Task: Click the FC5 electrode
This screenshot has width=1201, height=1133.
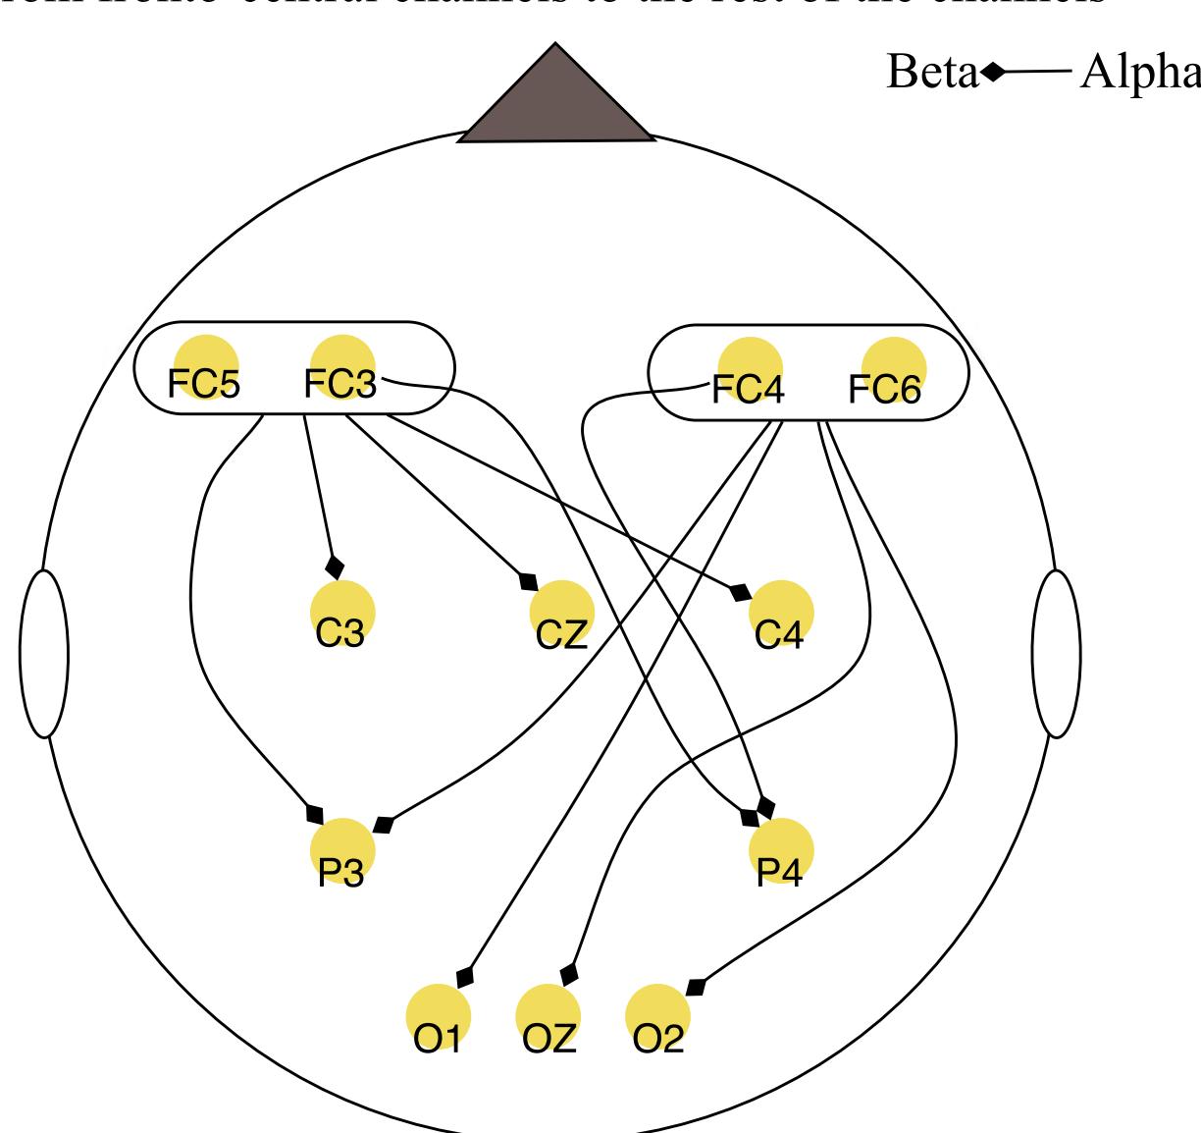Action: point(205,367)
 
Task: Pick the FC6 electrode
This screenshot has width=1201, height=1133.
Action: point(894,370)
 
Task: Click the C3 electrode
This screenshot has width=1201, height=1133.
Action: point(342,613)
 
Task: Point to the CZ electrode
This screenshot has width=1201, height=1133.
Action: point(562,613)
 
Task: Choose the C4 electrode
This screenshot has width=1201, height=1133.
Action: point(781,613)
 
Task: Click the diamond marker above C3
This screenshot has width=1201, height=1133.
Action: point(335,566)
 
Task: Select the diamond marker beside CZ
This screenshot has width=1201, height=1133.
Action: point(529,581)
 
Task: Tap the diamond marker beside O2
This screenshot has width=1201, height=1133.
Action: point(696,985)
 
